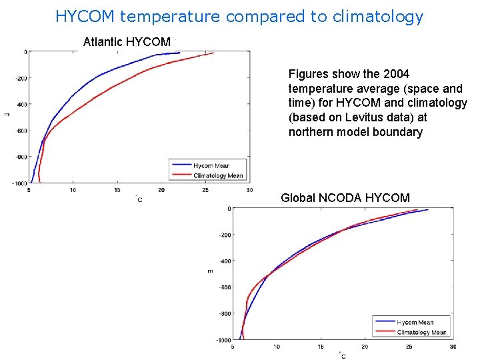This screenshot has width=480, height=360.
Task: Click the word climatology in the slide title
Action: point(379,17)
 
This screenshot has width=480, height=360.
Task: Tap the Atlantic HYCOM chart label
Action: point(127,42)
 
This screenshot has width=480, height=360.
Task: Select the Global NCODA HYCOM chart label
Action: point(345,197)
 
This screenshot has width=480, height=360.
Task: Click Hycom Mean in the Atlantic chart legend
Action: point(211,165)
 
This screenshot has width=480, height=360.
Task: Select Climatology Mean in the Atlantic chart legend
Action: point(218,175)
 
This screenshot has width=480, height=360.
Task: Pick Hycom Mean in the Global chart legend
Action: point(415,322)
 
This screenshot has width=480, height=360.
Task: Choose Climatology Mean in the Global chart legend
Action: point(421,332)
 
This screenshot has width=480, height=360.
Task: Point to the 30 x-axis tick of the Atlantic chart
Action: point(249,190)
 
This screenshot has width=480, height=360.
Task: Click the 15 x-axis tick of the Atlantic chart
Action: point(117,190)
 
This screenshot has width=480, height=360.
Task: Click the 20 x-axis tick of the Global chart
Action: point(365,347)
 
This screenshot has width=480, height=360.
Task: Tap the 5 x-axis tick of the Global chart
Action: point(232,347)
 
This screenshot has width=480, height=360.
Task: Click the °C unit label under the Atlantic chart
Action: point(139,199)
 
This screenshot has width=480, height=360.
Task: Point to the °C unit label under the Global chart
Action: point(342,355)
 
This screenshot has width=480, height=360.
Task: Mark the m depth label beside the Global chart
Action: point(210,271)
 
